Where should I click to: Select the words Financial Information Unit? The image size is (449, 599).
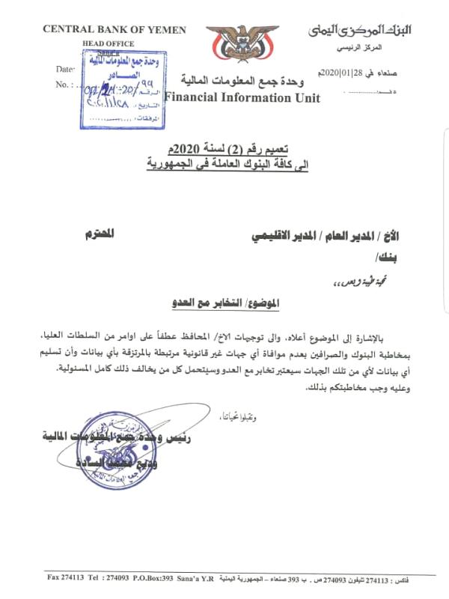point(242,97)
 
